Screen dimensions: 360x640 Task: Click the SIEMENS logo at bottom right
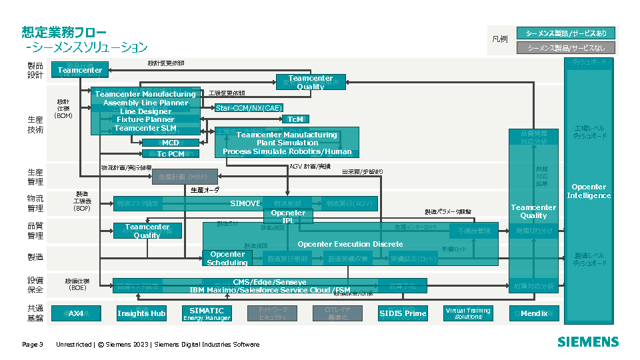pos(588,342)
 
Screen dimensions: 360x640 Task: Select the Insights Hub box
pos(141,313)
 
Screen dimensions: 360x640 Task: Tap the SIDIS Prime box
pos(403,313)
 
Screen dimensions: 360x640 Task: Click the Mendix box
pos(534,313)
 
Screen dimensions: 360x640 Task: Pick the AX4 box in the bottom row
pos(76,313)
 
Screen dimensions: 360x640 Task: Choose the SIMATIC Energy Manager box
pos(207,313)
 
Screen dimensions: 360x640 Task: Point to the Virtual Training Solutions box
pos(468,313)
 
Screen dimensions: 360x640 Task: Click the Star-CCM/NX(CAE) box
pos(249,107)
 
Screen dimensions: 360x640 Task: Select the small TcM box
pos(295,119)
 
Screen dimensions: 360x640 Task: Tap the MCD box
pos(171,143)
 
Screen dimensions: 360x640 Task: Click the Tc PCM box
pos(171,154)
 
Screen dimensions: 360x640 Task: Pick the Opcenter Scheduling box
pos(227,259)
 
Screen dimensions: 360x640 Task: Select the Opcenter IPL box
pos(288,217)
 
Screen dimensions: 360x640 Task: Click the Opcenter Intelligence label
pos(589,191)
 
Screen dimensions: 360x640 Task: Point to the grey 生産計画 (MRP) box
pos(180,177)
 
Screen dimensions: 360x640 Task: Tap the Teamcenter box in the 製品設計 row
pos(80,70)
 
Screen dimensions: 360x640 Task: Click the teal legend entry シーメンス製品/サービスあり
pos(566,33)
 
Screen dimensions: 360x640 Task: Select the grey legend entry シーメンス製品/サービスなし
pos(566,48)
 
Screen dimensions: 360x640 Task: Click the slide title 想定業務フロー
pos(64,32)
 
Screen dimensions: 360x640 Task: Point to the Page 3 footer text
pos(33,345)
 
